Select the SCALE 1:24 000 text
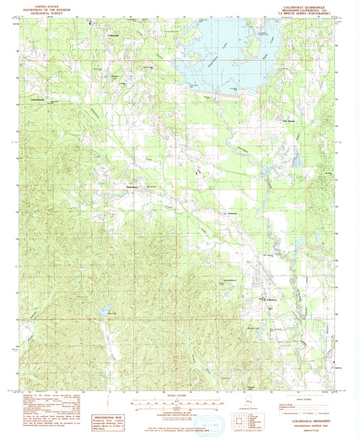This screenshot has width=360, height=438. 180,396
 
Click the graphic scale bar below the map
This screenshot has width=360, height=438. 180,406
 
